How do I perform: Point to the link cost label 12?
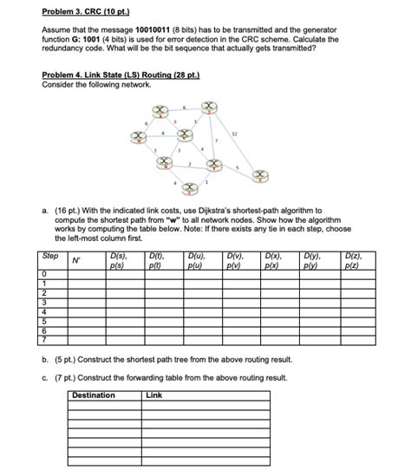234,134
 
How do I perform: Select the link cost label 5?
237,169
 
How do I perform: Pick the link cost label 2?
190,163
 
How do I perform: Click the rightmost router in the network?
257,176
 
